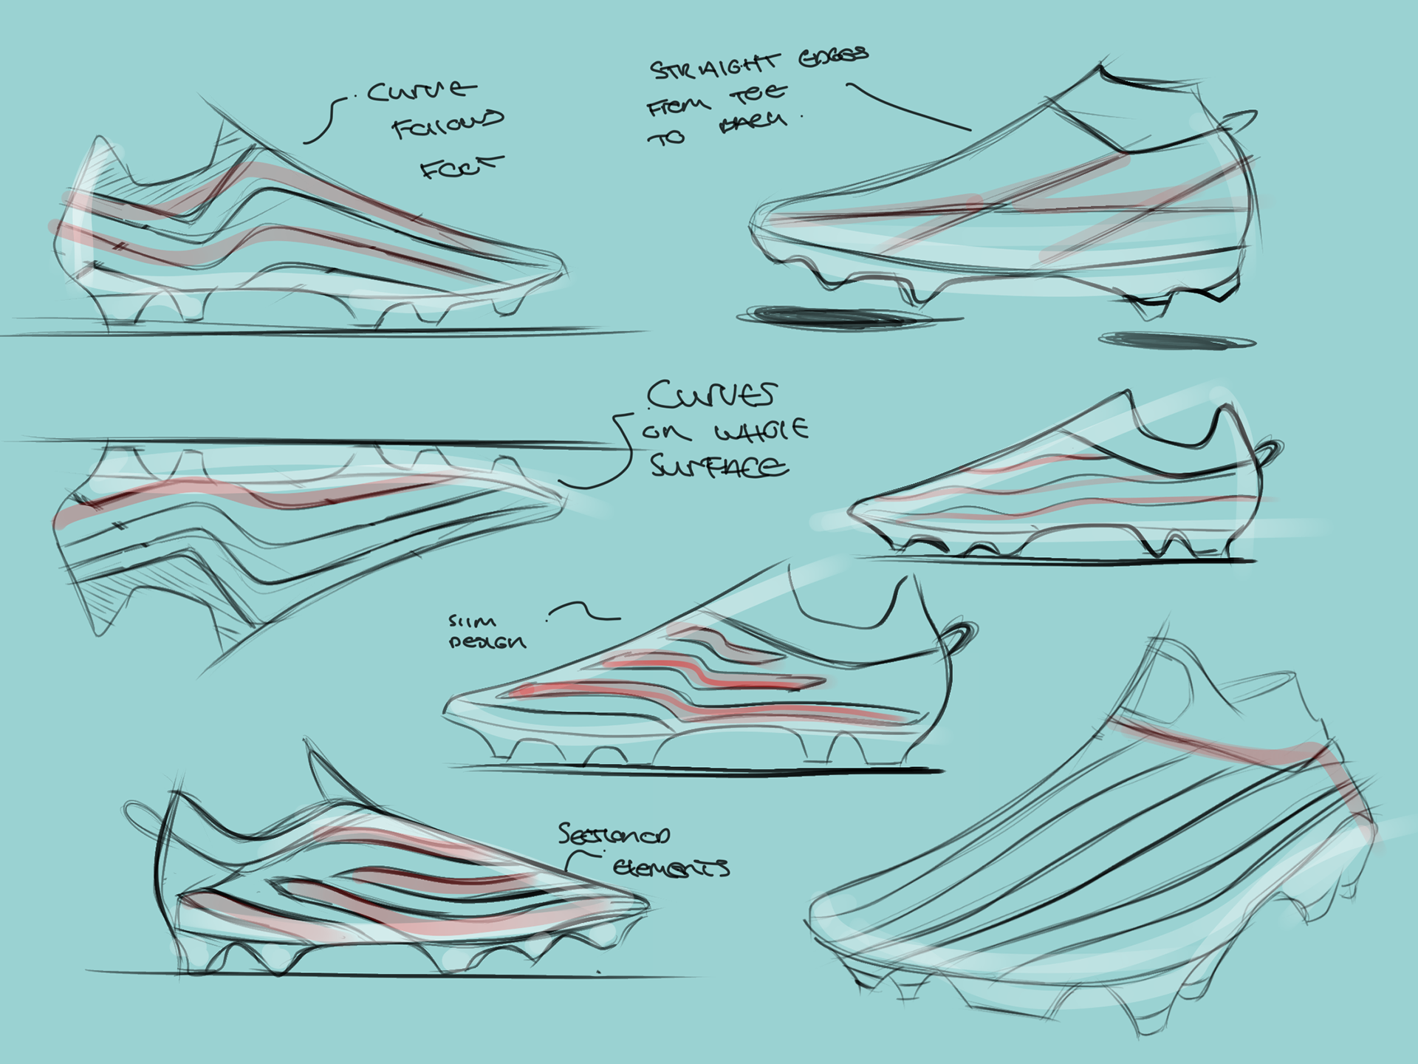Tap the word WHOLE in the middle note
761,431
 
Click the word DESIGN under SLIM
487,642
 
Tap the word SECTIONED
614,834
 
